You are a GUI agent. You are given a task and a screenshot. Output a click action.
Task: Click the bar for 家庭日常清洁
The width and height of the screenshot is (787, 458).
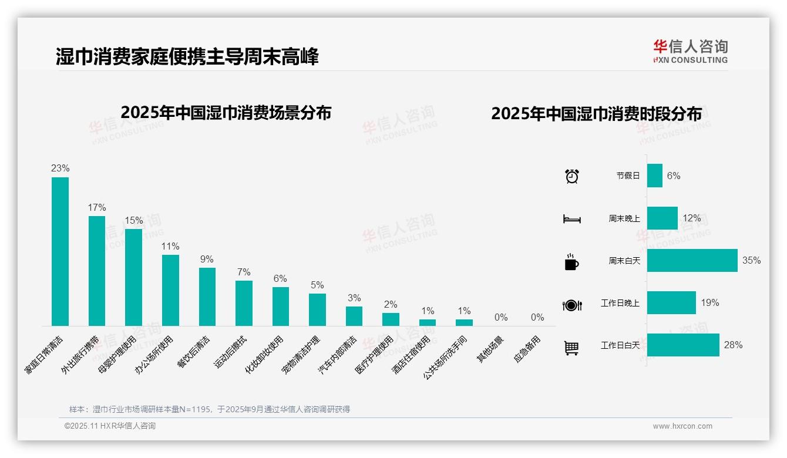[x=60, y=251]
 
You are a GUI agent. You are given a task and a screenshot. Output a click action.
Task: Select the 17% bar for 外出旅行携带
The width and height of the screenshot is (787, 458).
[x=97, y=271]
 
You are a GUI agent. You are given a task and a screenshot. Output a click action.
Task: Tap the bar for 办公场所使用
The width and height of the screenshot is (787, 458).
[x=170, y=290]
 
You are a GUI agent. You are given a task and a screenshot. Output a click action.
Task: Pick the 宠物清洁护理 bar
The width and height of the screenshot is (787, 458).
[x=317, y=309]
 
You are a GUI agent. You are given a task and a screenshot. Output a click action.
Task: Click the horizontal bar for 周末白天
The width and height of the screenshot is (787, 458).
[x=692, y=260]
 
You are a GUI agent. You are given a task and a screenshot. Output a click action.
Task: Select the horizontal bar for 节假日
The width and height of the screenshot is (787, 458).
[x=655, y=176]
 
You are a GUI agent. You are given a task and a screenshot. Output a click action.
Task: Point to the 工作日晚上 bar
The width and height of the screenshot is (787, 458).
[x=671, y=302]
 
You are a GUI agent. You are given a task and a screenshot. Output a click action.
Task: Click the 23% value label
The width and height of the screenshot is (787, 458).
[x=60, y=169]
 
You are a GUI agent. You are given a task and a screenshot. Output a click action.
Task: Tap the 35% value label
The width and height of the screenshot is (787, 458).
[x=751, y=260]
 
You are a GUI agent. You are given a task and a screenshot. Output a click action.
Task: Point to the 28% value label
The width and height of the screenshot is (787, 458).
[x=733, y=345]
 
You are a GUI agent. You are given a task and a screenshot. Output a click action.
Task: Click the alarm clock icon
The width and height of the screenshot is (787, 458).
[x=571, y=176]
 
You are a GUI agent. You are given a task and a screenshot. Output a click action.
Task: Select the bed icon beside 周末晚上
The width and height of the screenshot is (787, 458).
[x=571, y=218]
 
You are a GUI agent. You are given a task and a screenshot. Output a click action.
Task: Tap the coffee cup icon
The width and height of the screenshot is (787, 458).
[x=571, y=262]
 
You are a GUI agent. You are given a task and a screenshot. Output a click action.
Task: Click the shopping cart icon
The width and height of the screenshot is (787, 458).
[x=571, y=348]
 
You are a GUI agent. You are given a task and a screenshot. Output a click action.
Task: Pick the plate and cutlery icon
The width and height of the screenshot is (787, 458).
[x=571, y=305]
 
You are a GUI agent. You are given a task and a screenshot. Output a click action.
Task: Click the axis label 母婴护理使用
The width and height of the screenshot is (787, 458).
[x=117, y=355]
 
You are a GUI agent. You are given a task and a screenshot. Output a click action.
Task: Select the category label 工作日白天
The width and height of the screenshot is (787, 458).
[x=620, y=345]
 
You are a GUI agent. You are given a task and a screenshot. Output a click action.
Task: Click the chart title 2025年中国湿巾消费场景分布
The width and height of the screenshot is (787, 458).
[x=226, y=113]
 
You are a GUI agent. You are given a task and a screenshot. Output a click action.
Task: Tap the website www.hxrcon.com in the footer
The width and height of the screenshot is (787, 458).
[x=682, y=426]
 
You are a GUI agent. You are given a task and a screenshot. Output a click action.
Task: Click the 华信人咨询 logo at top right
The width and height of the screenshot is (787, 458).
[x=690, y=51]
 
